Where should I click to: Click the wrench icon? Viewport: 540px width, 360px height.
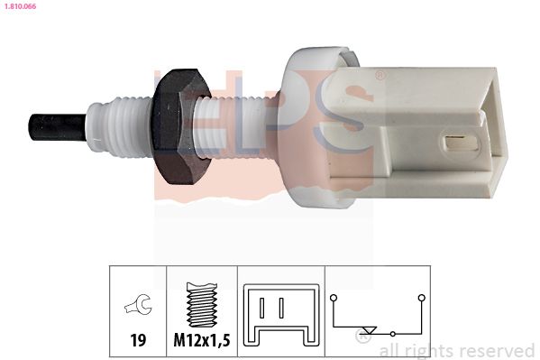[x=139, y=306]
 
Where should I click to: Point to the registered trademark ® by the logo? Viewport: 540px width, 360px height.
[x=380, y=76]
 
